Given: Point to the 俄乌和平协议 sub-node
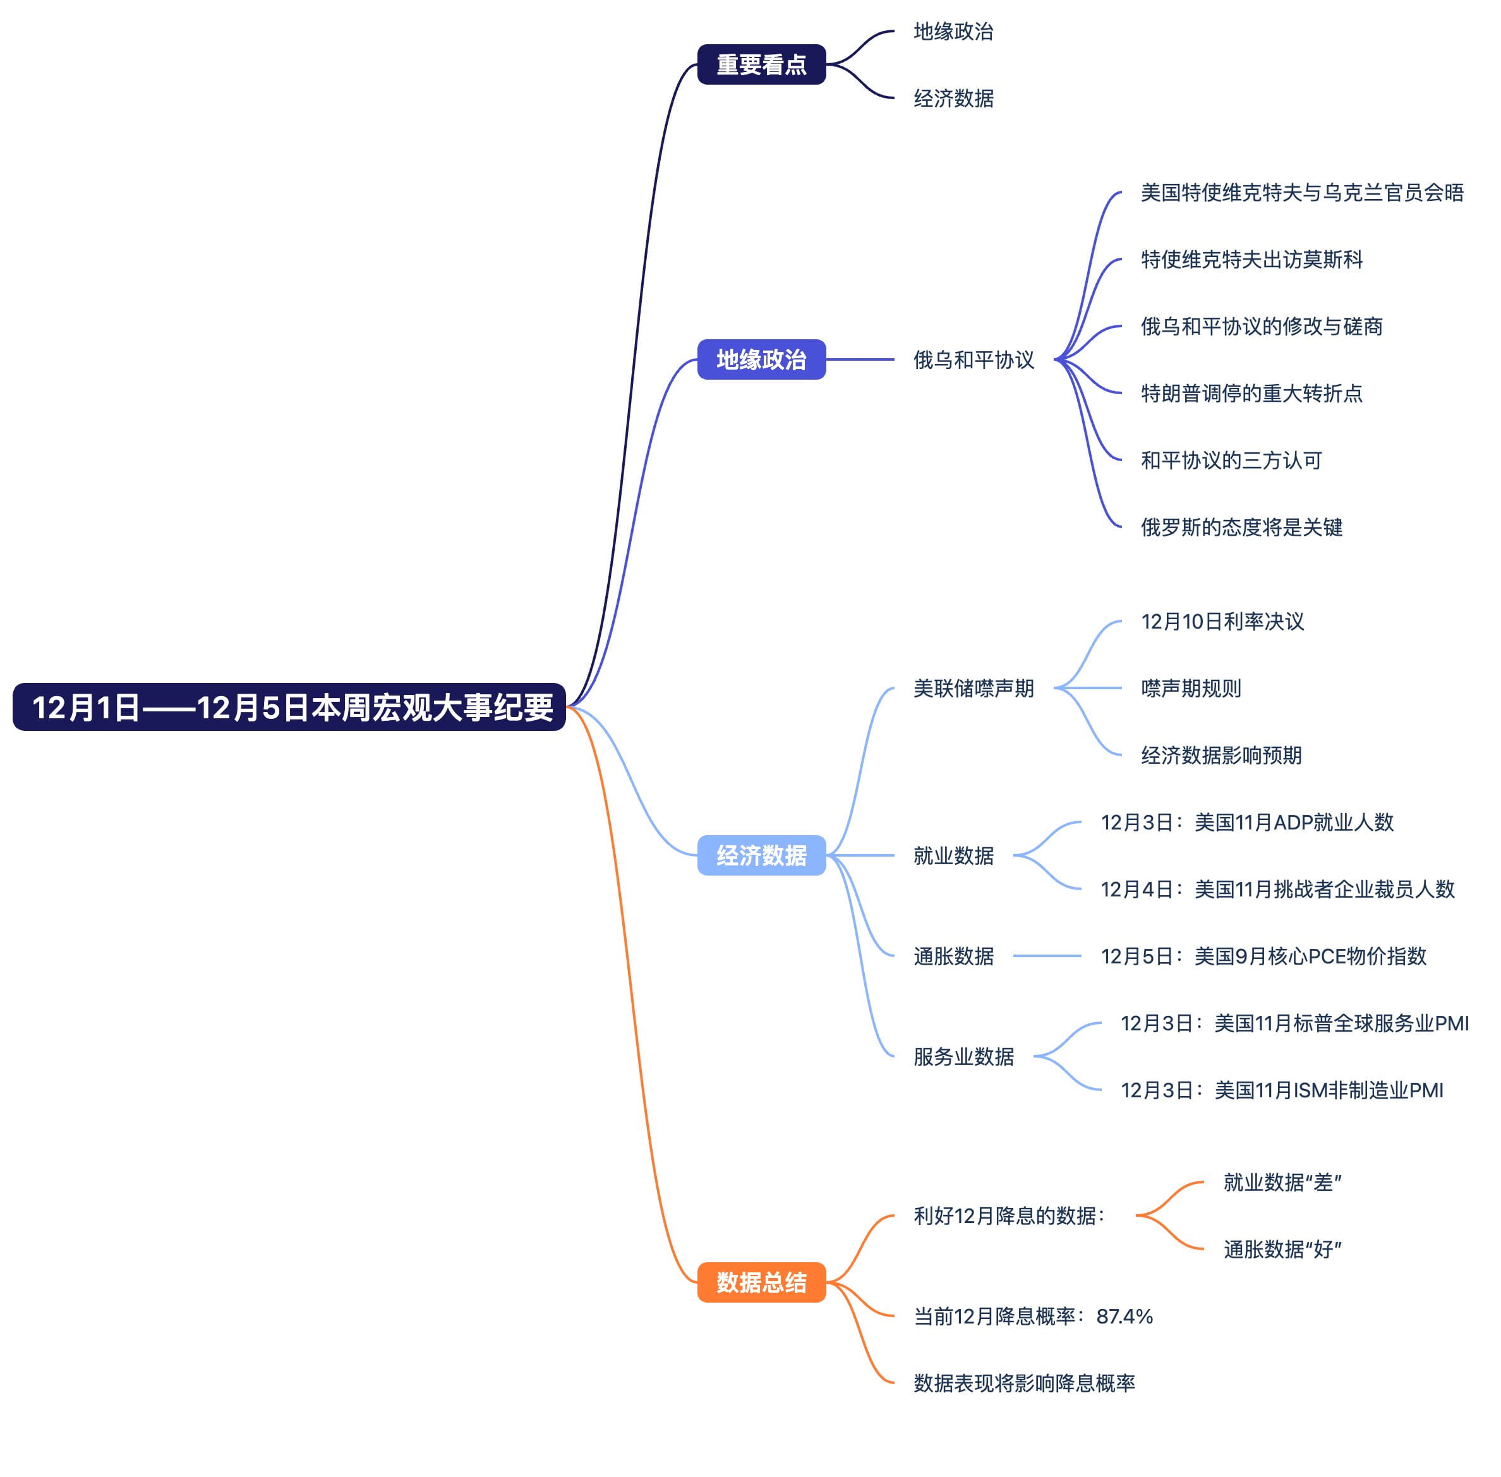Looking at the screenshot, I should pyautogui.click(x=973, y=360).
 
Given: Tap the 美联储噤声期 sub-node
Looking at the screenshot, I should pyautogui.click(x=973, y=688).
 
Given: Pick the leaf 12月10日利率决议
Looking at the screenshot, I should pyautogui.click(x=1222, y=622).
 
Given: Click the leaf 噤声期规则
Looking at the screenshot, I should pyautogui.click(x=1190, y=688).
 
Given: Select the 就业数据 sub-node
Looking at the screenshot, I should pyautogui.click(x=953, y=855).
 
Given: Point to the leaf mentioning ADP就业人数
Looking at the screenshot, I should pyautogui.click(x=1246, y=823).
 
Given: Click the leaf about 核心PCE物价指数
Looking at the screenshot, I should pyautogui.click(x=1263, y=956).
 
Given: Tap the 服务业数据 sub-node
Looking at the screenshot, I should pyautogui.click(x=963, y=1056).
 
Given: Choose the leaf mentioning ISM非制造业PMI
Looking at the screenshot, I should pyautogui.click(x=1282, y=1090).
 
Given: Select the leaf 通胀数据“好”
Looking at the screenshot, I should pyautogui.click(x=1282, y=1249).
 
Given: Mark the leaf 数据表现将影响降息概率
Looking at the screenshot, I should pyautogui.click(x=1023, y=1382).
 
